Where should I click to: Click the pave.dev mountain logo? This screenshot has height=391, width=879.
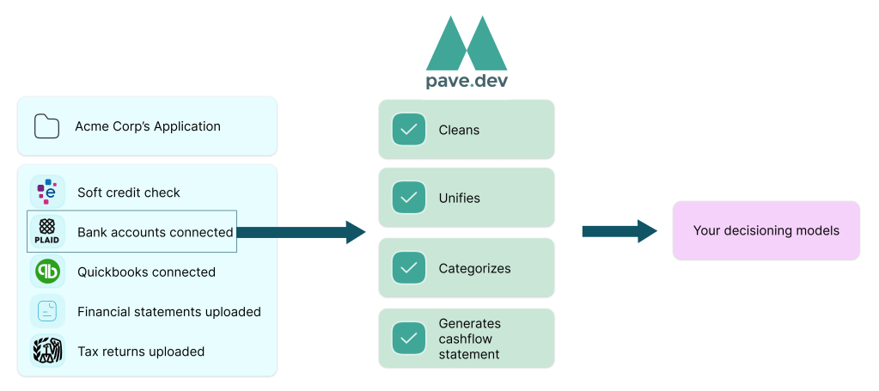pyautogui.click(x=467, y=43)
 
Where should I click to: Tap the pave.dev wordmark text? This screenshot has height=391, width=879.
pyautogui.click(x=467, y=81)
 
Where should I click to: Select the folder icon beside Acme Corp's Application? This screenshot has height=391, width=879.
pyautogui.click(x=46, y=126)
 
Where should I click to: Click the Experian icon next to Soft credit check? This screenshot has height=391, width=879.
pyautogui.click(x=47, y=192)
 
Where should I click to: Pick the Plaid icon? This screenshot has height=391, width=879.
pyautogui.click(x=47, y=231)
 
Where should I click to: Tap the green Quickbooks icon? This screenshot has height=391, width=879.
pyautogui.click(x=47, y=272)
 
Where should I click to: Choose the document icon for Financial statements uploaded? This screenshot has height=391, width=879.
pyautogui.click(x=47, y=311)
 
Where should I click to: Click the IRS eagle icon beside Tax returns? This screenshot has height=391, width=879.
pyautogui.click(x=47, y=351)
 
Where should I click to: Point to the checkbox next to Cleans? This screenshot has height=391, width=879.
pyautogui.click(x=409, y=130)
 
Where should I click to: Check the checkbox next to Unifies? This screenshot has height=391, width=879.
pyautogui.click(x=409, y=198)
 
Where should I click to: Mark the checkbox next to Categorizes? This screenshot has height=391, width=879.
pyautogui.click(x=409, y=267)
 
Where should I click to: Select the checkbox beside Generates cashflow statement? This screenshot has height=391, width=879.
pyautogui.click(x=409, y=339)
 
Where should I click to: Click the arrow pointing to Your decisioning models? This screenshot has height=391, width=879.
pyautogui.click(x=620, y=230)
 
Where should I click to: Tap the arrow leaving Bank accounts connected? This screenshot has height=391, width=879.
pyautogui.click(x=301, y=232)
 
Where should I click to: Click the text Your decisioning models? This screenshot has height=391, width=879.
pyautogui.click(x=766, y=230)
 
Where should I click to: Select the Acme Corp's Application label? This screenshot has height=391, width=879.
pyautogui.click(x=148, y=126)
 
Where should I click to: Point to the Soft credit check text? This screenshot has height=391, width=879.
pyautogui.click(x=129, y=192)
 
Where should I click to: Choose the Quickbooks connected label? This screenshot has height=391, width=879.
pyautogui.click(x=146, y=272)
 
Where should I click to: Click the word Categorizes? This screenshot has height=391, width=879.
pyautogui.click(x=475, y=268)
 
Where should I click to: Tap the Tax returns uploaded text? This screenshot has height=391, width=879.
pyautogui.click(x=141, y=351)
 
